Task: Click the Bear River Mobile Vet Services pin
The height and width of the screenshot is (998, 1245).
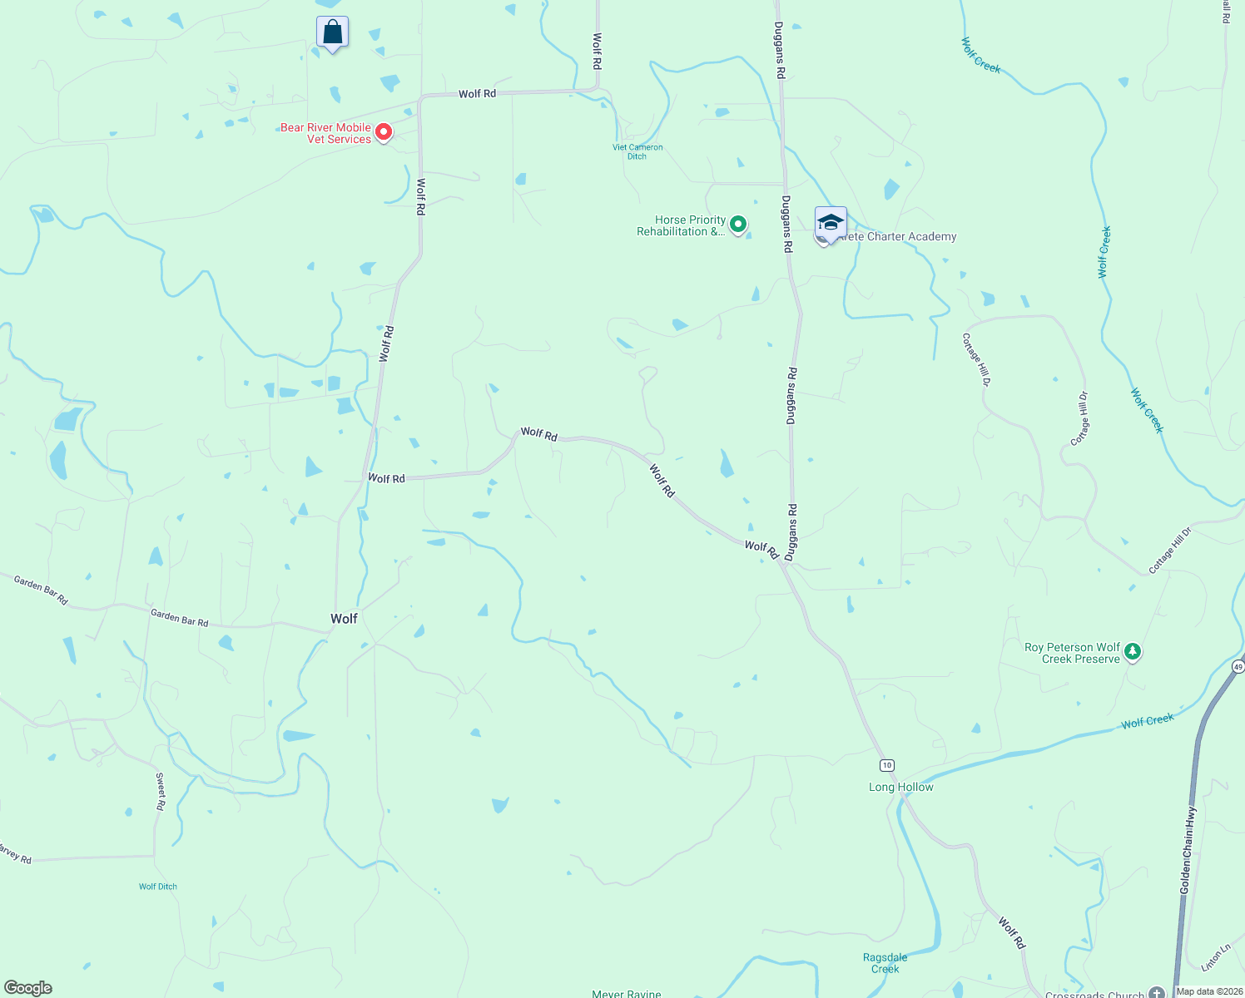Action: click(384, 131)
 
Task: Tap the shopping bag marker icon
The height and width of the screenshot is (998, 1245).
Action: click(332, 33)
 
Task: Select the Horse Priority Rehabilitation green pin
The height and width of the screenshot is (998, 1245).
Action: click(738, 224)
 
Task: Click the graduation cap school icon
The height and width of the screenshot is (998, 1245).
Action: click(831, 223)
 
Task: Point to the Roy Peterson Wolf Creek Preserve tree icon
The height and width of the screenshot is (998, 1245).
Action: click(1132, 652)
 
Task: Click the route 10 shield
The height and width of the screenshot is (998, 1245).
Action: click(887, 765)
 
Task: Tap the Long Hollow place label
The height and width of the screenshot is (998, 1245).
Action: click(900, 787)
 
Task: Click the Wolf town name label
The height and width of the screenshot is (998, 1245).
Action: click(344, 618)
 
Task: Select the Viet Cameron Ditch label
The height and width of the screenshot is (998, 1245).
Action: click(637, 151)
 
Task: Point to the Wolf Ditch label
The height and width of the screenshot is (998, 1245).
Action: click(158, 887)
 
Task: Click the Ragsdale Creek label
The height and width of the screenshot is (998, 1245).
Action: click(885, 963)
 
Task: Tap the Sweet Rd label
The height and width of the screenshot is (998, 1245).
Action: click(161, 792)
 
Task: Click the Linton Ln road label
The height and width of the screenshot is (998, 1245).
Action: click(1216, 957)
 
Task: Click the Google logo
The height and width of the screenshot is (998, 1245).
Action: click(28, 988)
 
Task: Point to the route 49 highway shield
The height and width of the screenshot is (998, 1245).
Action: click(1238, 667)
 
